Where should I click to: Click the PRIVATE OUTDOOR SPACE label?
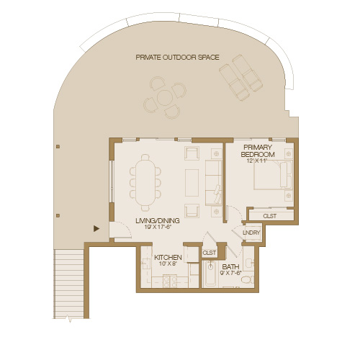177,57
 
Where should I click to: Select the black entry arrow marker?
96,229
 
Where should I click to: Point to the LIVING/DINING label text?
157,221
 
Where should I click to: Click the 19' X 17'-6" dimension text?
157,228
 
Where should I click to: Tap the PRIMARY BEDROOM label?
257,151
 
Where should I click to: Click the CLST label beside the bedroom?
270,215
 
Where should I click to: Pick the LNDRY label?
251,233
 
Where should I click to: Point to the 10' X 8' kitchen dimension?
166,264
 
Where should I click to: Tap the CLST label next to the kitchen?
210,253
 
